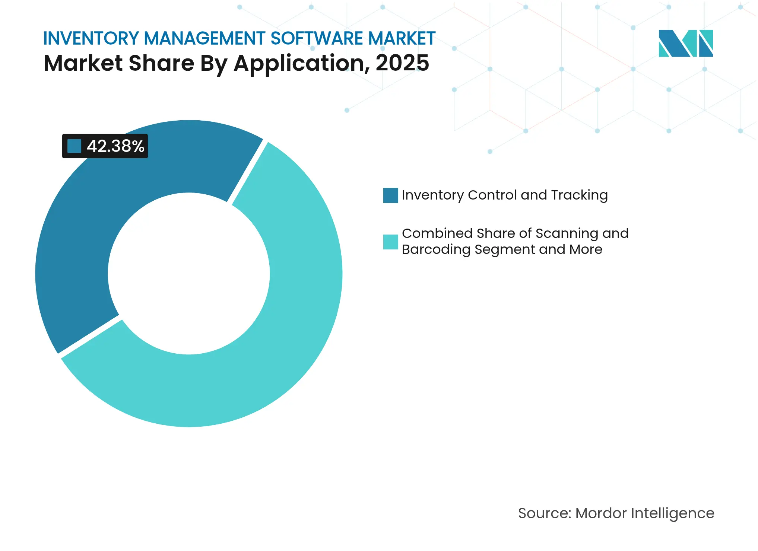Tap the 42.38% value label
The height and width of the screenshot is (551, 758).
click(115, 146)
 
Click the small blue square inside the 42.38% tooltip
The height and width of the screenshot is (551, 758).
click(74, 146)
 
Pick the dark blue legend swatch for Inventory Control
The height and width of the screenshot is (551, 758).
click(390, 195)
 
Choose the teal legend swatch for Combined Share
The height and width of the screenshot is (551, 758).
click(390, 242)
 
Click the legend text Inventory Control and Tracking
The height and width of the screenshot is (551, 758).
click(504, 195)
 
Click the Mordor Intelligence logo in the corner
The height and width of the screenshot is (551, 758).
click(685, 44)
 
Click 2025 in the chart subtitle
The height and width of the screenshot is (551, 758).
click(402, 63)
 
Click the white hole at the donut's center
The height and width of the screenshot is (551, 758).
click(189, 274)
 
